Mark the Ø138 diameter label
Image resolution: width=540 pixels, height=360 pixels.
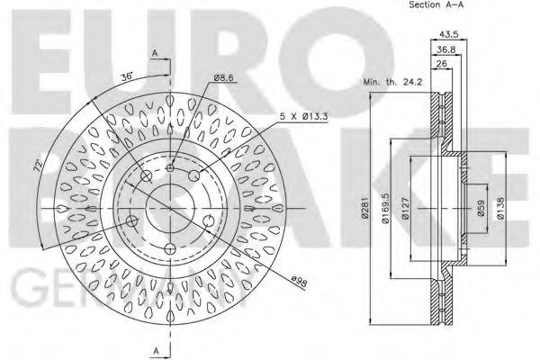pyautogui.click(x=500, y=209)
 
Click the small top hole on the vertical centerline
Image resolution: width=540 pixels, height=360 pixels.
pyautogui.click(x=170, y=167)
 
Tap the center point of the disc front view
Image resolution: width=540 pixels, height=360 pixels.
pyautogui.click(x=170, y=208)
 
